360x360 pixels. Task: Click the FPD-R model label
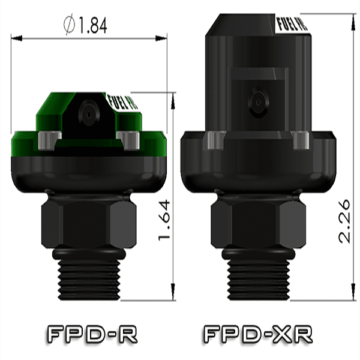[x=89, y=334]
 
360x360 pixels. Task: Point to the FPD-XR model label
[x=258, y=334]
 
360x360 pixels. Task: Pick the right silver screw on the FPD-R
[x=131, y=142]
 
